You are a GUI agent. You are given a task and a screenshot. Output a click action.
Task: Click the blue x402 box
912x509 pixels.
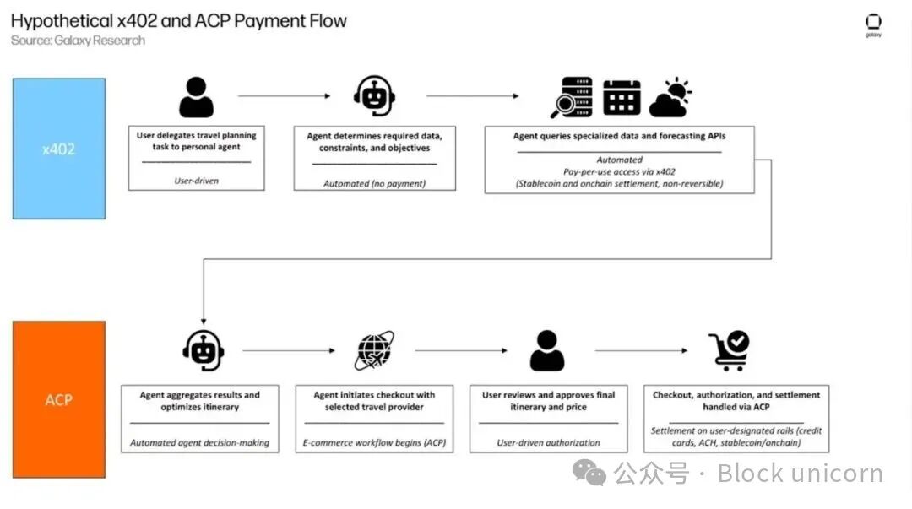[59, 149]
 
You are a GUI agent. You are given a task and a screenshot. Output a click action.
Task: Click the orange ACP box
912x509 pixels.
[59, 399]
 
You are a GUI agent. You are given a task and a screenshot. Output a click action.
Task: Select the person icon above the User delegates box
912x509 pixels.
[196, 96]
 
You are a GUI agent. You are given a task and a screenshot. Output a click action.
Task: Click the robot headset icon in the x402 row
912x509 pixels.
[374, 96]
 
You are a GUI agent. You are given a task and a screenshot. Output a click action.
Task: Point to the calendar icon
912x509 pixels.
[622, 97]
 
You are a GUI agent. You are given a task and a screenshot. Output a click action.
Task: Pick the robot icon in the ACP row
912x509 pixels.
[203, 351]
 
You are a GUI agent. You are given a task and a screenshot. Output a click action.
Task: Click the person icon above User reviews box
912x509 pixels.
[547, 351]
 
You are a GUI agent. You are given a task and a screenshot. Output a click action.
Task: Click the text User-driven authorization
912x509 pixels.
[548, 442]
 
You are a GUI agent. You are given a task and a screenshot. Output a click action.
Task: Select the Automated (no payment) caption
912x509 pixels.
[374, 183]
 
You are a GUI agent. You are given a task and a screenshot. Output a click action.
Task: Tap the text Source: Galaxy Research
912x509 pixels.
[78, 41]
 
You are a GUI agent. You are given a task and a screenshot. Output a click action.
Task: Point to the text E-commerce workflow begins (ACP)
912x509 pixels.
[374, 442]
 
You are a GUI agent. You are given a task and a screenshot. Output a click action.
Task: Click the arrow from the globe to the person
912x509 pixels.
[461, 351]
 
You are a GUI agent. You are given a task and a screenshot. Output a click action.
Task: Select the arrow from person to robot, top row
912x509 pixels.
[284, 96]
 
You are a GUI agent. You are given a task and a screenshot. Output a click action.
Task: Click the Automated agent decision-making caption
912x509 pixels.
[199, 442]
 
